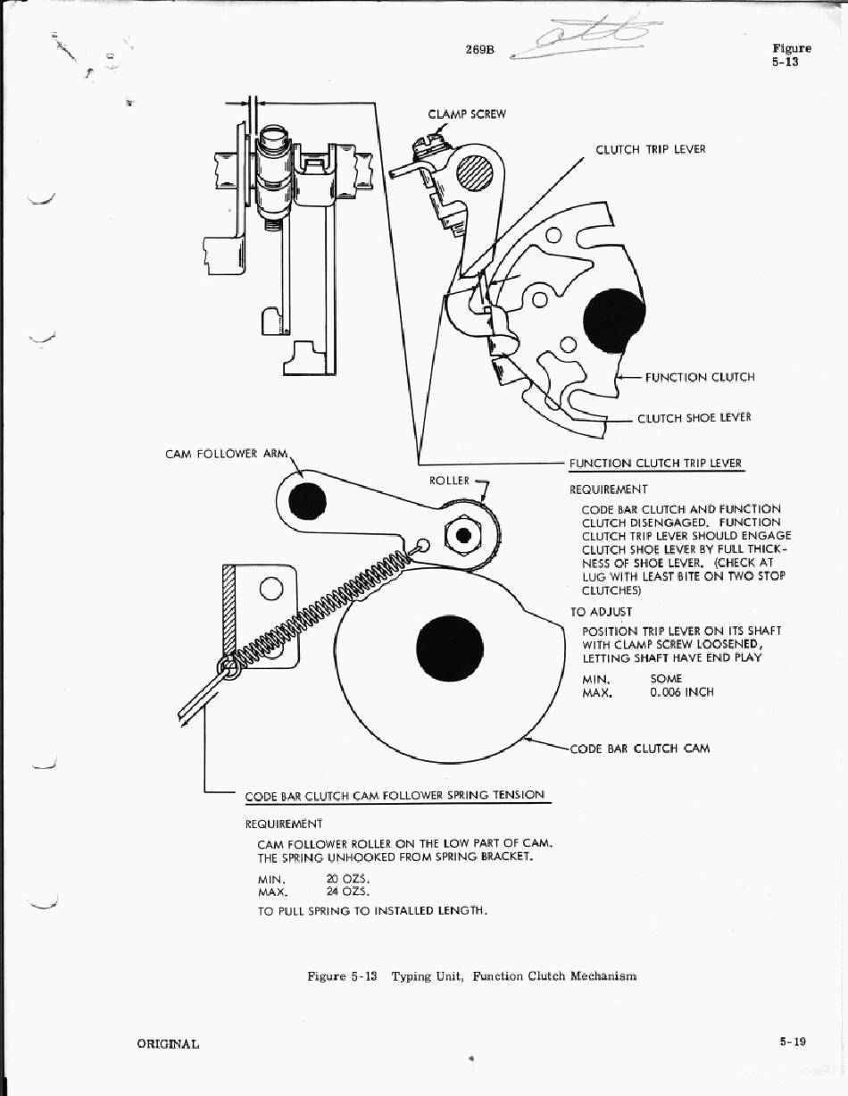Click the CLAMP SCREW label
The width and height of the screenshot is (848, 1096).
tap(467, 114)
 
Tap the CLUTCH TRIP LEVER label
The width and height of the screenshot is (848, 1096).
tap(650, 149)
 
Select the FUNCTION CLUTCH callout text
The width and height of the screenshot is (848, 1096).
tap(699, 377)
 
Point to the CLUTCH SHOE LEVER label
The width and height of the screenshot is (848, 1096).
tap(694, 417)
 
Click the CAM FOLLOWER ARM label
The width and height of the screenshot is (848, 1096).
tap(227, 454)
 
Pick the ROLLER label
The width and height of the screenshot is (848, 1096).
tap(449, 481)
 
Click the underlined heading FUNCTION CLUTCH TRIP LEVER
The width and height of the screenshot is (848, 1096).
tap(655, 464)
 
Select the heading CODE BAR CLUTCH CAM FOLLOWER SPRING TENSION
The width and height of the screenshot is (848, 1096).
tap(395, 795)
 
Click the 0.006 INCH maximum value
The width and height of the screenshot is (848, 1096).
tap(681, 692)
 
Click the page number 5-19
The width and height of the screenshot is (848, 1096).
tap(792, 1042)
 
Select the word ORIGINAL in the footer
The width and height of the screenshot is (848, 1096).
tap(168, 1043)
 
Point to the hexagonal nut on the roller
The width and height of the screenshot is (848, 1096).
tap(463, 534)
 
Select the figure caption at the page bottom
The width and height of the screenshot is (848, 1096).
tap(471, 976)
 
